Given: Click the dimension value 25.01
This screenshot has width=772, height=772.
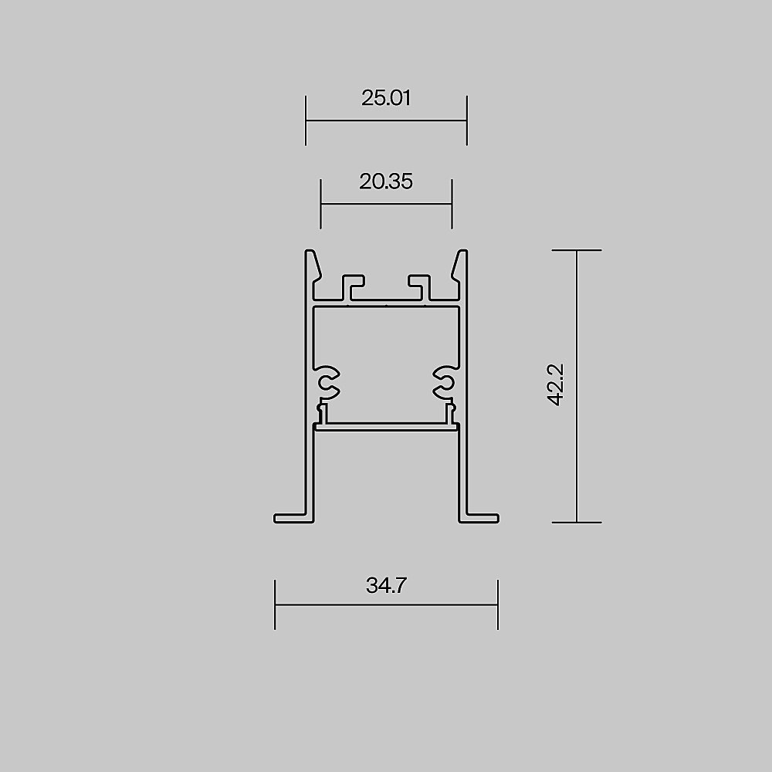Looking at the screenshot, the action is (386, 98).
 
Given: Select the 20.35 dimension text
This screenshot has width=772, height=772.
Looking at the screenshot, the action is (386, 181).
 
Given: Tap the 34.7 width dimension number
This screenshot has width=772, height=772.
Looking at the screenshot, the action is (386, 585).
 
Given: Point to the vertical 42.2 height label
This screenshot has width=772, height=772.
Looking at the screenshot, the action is (556, 385).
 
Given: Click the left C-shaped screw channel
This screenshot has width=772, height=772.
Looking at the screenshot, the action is (326, 382).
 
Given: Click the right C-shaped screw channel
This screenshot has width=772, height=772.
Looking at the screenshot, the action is (446, 382).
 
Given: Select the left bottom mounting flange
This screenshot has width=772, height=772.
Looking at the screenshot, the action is (294, 519).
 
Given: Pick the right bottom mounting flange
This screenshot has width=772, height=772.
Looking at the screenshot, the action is (479, 519).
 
